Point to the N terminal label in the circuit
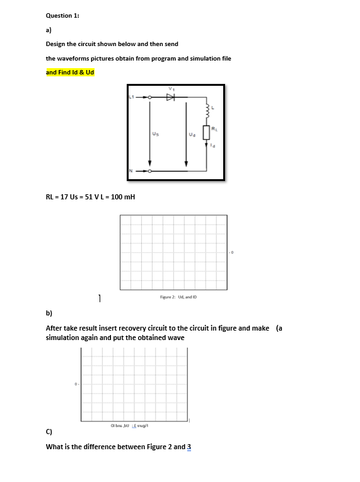pos(131,170)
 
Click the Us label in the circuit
pos(155,134)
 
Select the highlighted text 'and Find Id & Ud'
pos(70,73)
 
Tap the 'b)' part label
pos(49,313)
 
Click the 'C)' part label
pos(49,433)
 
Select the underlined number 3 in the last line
pos(189,447)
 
